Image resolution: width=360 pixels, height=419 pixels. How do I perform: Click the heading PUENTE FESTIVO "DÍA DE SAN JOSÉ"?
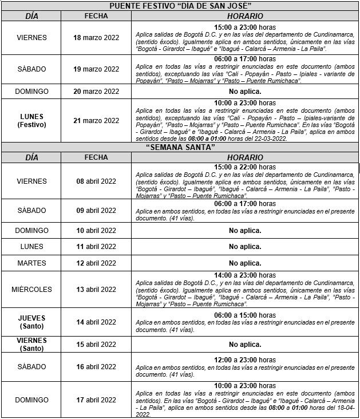pos(180,6)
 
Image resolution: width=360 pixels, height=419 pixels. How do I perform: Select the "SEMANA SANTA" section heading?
pos(180,147)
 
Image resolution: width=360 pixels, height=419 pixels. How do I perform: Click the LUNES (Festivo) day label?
pos(31,120)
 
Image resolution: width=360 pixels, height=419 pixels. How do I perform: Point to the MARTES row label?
pos(31,263)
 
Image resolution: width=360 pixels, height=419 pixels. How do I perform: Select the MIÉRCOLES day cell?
pos(31,290)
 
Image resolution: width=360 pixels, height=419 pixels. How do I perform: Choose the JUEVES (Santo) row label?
pos(31,322)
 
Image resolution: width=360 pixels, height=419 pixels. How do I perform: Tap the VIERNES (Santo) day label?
pos(31,344)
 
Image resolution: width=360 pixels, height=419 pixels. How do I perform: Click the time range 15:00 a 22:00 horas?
pos(245,167)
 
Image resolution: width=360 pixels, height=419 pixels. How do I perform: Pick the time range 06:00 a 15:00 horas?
pos(245,315)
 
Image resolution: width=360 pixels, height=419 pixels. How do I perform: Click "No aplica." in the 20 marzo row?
pos(245,92)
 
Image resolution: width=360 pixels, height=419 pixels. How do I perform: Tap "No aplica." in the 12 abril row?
pos(245,263)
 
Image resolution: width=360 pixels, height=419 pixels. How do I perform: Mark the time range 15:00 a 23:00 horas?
pos(245,27)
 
